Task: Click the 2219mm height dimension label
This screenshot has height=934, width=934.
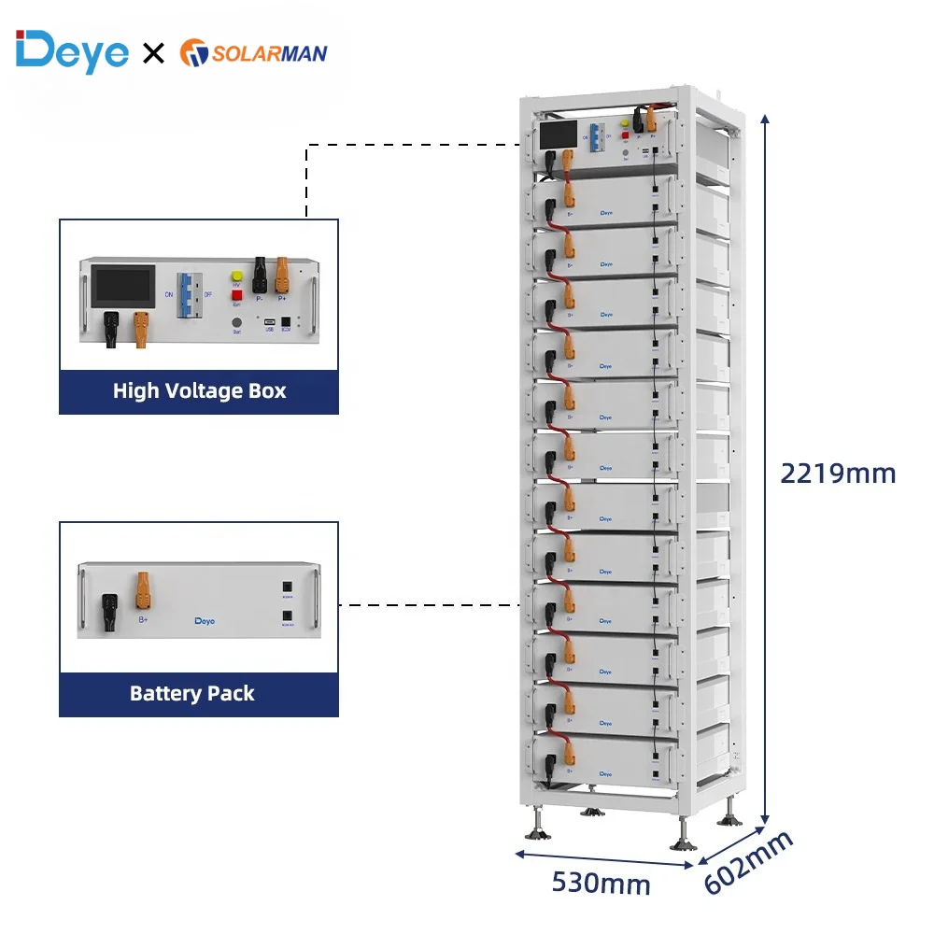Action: (838, 474)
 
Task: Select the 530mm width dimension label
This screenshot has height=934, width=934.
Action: (601, 882)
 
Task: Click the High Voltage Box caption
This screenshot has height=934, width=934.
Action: (199, 390)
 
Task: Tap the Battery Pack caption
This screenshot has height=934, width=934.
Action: (191, 693)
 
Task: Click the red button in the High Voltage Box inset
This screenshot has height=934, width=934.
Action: (236, 295)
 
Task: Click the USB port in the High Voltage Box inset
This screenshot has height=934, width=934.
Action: (269, 323)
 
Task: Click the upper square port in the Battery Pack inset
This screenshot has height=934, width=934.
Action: (286, 588)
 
